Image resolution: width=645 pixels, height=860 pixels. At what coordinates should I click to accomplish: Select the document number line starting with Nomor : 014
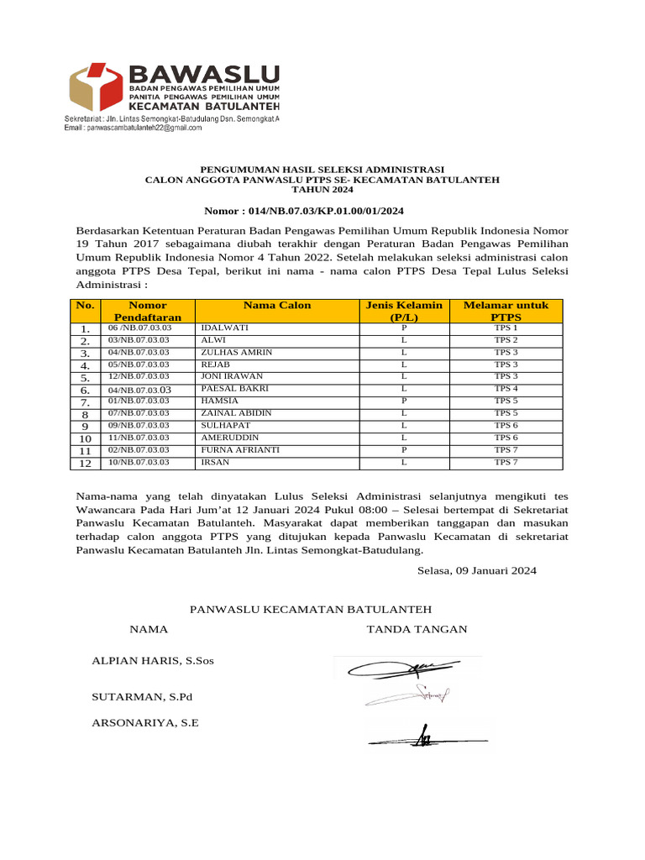click(x=309, y=211)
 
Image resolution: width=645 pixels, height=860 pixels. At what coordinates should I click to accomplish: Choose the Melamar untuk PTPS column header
click(x=506, y=311)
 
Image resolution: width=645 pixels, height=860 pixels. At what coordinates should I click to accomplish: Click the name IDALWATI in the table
click(x=219, y=328)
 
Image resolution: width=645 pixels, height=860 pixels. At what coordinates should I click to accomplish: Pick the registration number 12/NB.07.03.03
click(x=139, y=376)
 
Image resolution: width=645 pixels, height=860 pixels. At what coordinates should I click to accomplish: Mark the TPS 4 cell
click(x=506, y=389)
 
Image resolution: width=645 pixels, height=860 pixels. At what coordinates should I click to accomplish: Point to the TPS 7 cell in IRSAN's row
click(x=506, y=462)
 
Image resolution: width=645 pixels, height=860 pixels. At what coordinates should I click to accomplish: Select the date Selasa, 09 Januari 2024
click(x=476, y=570)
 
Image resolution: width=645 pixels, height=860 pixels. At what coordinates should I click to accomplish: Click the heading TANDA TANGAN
click(x=417, y=629)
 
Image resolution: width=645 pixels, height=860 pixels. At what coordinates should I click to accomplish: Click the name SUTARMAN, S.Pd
click(x=142, y=697)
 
